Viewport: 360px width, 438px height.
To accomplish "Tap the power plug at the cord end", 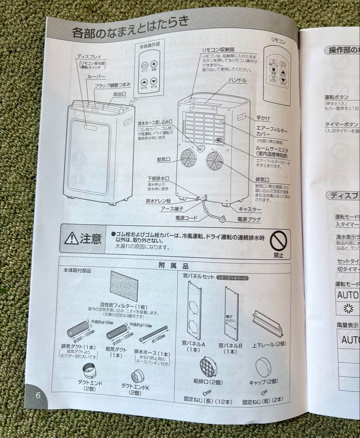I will (x=222, y=219).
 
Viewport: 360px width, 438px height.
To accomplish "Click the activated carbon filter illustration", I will (x=124, y=286).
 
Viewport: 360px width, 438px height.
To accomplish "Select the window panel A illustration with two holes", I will (x=194, y=310).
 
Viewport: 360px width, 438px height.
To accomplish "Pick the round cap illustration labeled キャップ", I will (x=264, y=367).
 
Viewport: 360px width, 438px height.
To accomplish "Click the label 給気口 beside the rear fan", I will (x=165, y=159).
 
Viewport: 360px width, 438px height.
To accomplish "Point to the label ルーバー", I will (x=96, y=76).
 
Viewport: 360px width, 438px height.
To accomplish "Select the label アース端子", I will (x=172, y=208).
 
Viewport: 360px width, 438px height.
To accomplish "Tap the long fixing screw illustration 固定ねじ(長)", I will (x=207, y=392).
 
